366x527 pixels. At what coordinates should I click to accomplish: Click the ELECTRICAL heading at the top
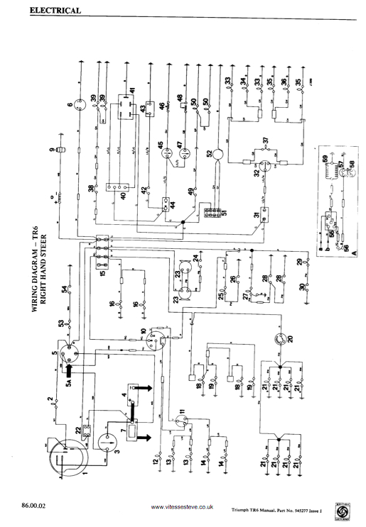(55, 11)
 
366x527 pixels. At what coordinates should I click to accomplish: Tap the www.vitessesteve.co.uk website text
(183, 508)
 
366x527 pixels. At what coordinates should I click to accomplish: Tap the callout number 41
(131, 92)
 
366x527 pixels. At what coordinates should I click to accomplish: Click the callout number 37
(265, 139)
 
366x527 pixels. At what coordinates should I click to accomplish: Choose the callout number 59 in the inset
(326, 158)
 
